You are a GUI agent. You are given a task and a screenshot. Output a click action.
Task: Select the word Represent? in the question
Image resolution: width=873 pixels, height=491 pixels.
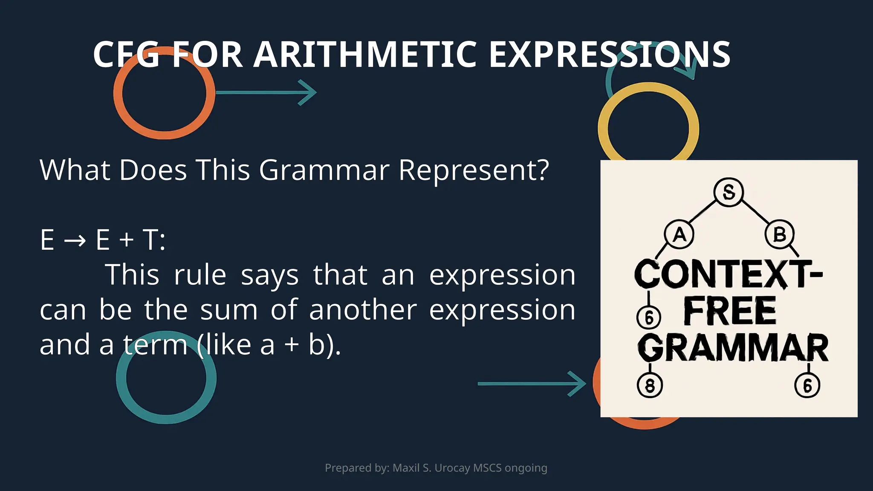(474, 170)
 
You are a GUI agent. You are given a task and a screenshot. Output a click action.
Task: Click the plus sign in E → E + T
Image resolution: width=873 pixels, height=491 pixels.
(126, 240)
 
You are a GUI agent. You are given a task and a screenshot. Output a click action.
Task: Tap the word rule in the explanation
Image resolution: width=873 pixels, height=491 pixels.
(200, 275)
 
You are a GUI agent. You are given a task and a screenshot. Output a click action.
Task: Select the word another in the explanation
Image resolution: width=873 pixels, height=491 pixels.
(363, 310)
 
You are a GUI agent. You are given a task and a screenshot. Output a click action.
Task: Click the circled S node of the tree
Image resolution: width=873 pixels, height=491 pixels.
(728, 192)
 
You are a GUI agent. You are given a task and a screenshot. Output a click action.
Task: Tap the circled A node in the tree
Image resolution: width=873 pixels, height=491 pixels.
(679, 234)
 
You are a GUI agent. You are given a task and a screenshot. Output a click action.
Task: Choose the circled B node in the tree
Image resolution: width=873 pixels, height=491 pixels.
(779, 234)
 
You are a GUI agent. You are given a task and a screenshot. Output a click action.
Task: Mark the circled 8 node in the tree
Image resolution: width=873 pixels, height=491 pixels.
(650, 385)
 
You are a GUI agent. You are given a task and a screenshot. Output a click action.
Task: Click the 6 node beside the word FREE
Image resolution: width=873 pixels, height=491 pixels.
(649, 318)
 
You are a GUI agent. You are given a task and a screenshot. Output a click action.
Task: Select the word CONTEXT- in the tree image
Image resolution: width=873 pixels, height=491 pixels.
(728, 274)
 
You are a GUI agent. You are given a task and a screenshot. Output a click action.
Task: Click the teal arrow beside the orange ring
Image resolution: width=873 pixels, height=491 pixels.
(266, 92)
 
